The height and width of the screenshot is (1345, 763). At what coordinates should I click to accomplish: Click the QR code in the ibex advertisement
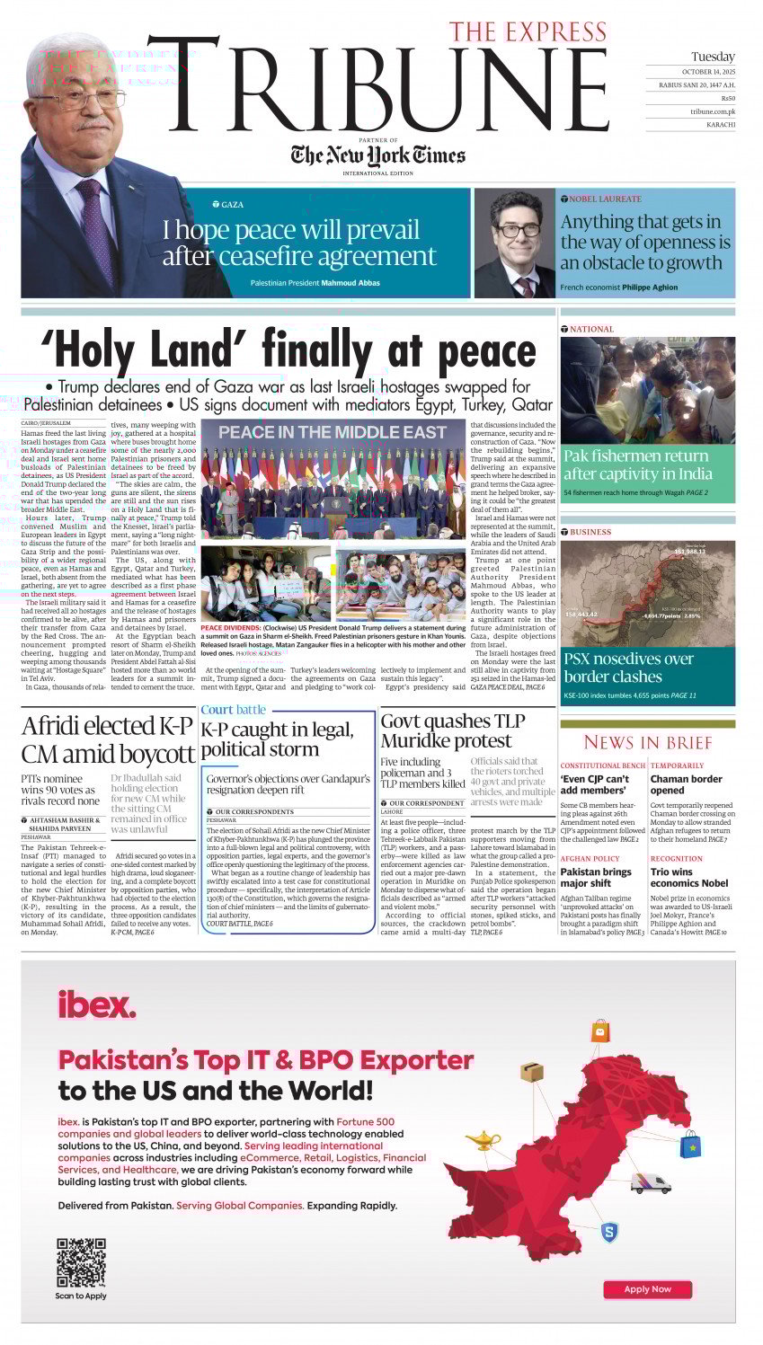coord(81,1262)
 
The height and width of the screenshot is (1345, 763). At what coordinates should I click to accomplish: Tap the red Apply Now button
coord(647,1288)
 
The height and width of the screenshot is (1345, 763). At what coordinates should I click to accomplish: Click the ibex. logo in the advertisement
coord(96,1004)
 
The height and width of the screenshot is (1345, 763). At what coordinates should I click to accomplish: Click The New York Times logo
coord(377,155)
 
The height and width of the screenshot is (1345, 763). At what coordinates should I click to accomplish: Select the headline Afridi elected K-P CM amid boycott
coord(108,739)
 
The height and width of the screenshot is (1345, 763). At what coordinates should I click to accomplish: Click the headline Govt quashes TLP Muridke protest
coord(447,730)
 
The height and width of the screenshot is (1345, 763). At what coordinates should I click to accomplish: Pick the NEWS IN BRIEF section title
coord(647,742)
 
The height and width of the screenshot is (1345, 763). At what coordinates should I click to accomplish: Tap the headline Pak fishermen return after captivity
coord(637,465)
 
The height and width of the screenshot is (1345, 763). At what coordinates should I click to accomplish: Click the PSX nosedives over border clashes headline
coord(628,668)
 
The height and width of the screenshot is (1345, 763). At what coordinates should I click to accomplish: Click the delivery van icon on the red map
coord(650,1182)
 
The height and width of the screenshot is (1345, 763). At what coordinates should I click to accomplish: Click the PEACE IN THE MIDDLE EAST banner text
coord(333,432)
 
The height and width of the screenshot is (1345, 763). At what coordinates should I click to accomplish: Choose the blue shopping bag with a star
coord(690,1144)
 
